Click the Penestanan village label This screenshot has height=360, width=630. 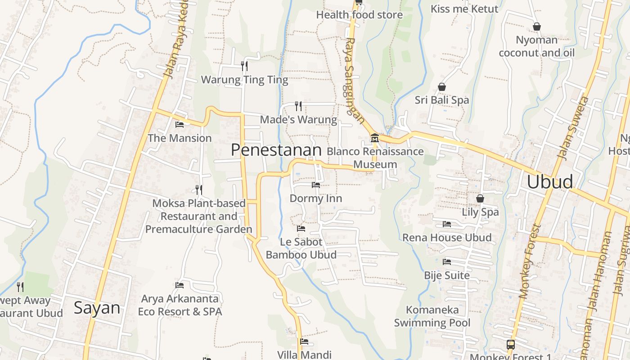click(276, 150)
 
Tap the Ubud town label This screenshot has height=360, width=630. click(550, 182)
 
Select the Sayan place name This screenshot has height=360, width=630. click(97, 308)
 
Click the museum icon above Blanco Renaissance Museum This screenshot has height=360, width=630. click(374, 138)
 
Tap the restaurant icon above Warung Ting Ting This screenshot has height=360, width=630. click(244, 66)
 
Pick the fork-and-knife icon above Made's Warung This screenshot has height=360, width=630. click(298, 106)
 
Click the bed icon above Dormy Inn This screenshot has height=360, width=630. click(316, 184)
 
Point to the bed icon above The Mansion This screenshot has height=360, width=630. click(180, 124)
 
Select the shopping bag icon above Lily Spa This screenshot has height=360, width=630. click(480, 198)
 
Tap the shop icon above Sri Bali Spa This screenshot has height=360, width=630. click(442, 86)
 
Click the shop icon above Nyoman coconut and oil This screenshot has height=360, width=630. click(536, 27)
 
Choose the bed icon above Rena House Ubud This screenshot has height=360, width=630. click(447, 224)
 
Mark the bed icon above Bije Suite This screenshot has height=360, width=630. click(447, 261)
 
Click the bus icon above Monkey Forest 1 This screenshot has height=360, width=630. click(510, 345)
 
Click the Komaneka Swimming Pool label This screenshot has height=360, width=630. click(432, 316)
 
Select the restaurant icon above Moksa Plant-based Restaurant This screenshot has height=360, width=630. click(199, 190)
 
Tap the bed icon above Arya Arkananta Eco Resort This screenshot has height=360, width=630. click(180, 285)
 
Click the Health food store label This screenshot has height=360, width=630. click(359, 15)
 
